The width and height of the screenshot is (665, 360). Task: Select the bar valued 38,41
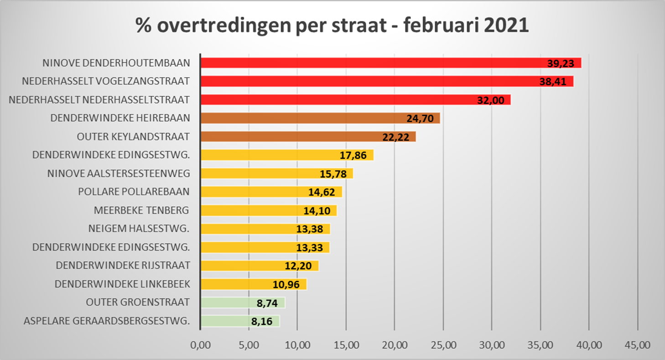click(x=365, y=81)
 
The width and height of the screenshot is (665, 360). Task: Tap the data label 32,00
click(x=491, y=100)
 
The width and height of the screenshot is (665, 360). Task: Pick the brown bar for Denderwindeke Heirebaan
click(x=301, y=118)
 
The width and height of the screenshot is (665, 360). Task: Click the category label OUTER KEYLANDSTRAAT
click(x=133, y=136)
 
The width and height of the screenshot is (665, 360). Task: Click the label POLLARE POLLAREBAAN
click(x=134, y=192)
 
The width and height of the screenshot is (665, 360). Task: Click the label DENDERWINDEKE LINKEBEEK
click(x=122, y=284)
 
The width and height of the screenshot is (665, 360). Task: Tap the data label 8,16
click(x=262, y=322)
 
